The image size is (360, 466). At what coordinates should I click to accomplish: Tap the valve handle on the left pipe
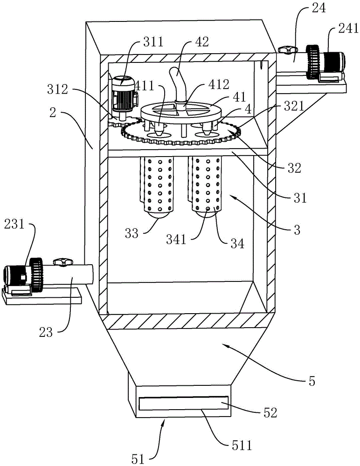(61, 262)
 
